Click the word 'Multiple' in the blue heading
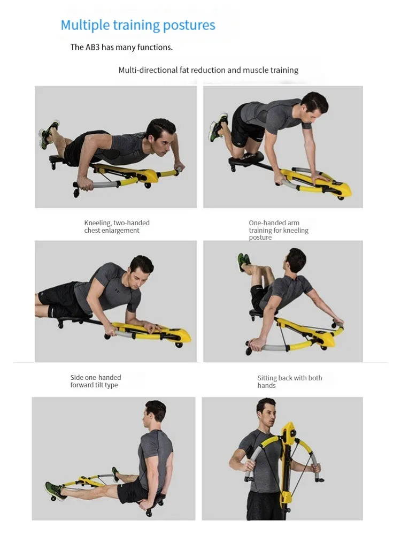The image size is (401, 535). (x=85, y=25)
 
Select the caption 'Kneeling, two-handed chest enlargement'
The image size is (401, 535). (x=117, y=226)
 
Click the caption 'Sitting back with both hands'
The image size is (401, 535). (x=289, y=381)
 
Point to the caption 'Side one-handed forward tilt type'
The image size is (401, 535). (x=96, y=381)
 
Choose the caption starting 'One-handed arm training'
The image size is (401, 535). (x=279, y=230)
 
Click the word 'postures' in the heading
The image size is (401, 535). (x=189, y=26)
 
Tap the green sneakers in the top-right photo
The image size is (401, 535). (x=217, y=126)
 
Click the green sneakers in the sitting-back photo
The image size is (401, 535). (x=244, y=262)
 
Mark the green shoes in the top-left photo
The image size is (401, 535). (x=49, y=134)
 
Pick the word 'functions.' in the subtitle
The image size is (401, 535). (x=155, y=47)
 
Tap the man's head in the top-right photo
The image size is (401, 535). (x=314, y=107)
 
